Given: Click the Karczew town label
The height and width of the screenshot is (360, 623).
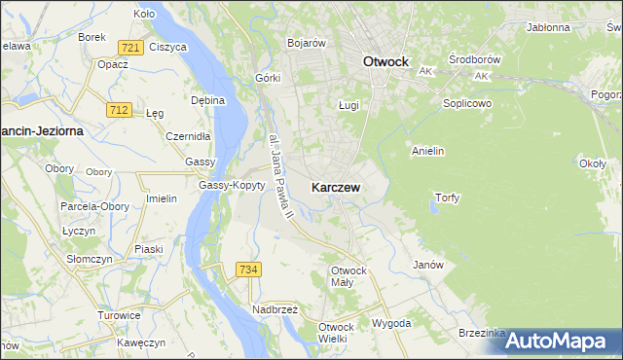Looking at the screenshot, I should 337,188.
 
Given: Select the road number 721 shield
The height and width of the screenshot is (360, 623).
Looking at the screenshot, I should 129,48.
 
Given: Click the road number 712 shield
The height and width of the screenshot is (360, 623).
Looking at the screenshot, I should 120,111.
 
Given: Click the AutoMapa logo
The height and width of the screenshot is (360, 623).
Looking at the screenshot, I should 565,340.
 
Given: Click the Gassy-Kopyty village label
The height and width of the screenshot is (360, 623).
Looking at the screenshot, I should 232,186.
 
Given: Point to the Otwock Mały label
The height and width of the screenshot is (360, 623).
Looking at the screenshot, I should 348,275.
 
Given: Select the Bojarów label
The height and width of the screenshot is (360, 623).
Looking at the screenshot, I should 306,43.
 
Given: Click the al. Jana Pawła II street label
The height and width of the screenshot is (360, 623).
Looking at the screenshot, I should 278,174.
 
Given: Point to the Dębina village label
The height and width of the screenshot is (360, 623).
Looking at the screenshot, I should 208,100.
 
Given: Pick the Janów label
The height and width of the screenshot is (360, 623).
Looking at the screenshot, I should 428,265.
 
